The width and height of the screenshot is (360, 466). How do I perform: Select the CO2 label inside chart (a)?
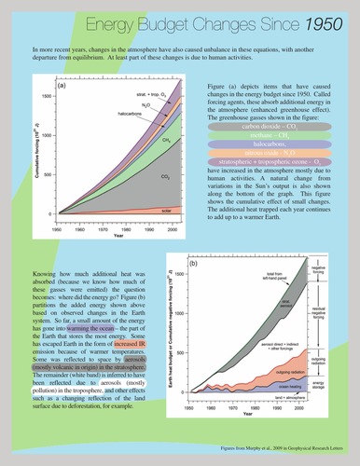[139, 174]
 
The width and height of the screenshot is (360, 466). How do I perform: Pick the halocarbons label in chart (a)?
[116, 117]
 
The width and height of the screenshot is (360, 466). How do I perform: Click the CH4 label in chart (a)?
[139, 139]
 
